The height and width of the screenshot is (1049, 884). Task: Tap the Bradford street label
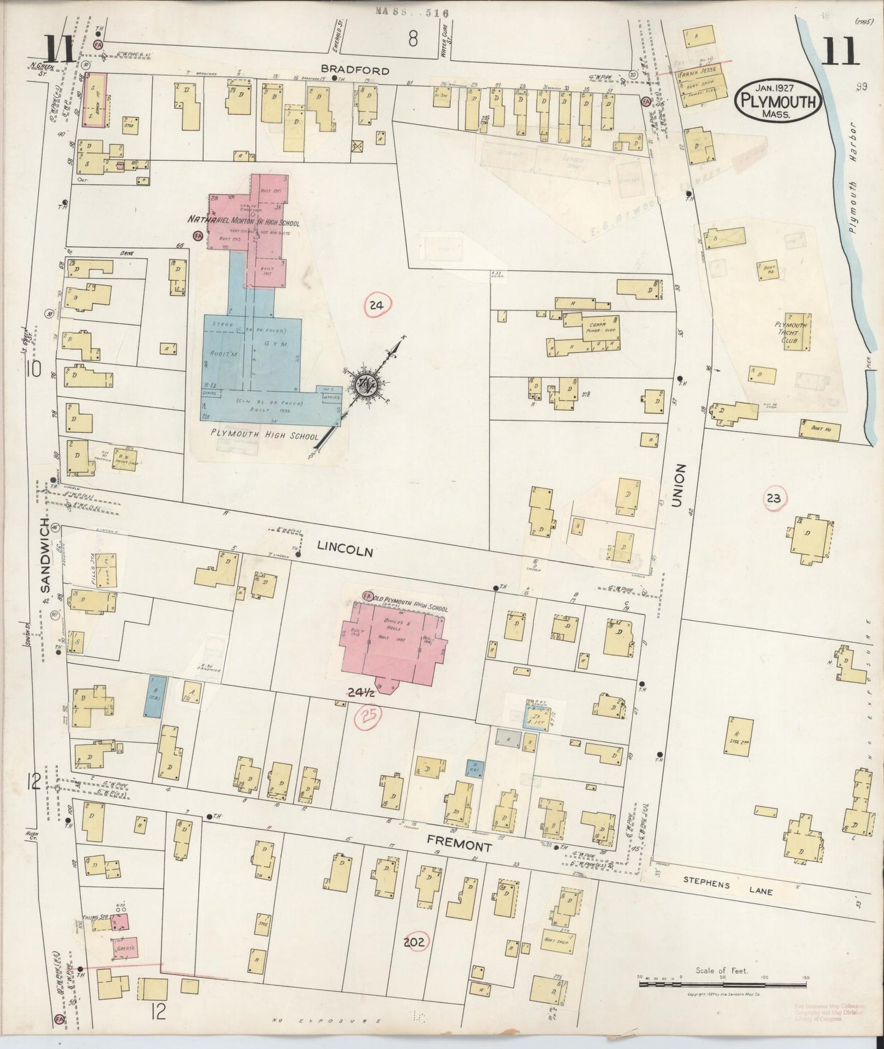click(363, 70)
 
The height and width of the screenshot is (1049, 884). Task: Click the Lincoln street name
click(344, 551)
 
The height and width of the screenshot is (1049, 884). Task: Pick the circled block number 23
click(773, 498)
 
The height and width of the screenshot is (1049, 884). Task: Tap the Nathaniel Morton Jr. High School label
click(243, 223)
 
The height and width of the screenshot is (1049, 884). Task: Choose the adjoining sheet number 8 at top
click(413, 40)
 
